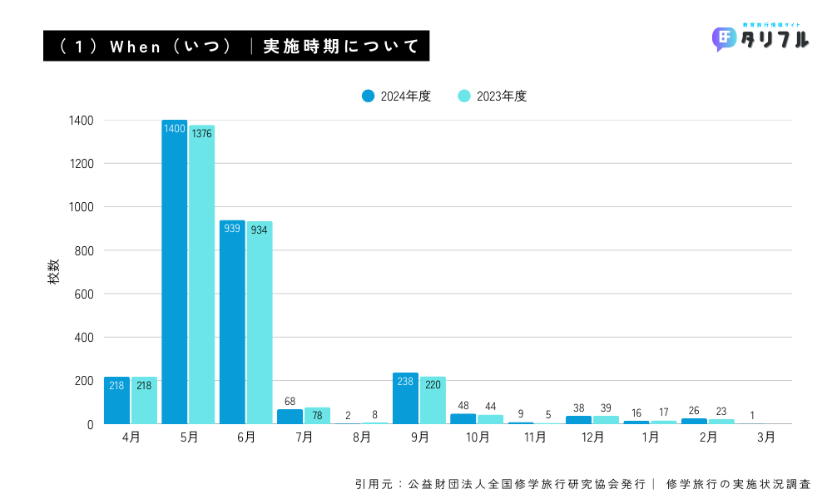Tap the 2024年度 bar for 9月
point(405,398)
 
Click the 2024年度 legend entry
point(397,96)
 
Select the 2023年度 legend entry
point(493,96)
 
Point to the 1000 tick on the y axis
point(81,207)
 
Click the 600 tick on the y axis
point(83,294)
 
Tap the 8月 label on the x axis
point(362,437)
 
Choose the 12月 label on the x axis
point(592,437)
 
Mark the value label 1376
point(202,133)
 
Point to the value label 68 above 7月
point(290,401)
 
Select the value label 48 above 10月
point(463,406)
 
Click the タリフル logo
point(760,38)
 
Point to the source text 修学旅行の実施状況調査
point(738,483)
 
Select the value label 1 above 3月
point(752,415)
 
